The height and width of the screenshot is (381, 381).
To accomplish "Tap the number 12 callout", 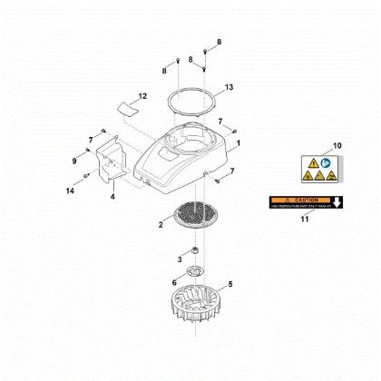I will click(142, 95).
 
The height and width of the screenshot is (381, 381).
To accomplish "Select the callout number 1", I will click(239, 143).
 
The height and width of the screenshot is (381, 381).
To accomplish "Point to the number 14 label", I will click(70, 190).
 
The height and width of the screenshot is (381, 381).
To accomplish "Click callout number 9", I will click(74, 161).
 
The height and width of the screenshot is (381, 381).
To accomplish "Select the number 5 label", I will click(230, 284).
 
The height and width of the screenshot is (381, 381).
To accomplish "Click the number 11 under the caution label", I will click(305, 220).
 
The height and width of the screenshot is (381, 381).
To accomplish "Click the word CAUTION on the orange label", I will click(301, 199).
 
